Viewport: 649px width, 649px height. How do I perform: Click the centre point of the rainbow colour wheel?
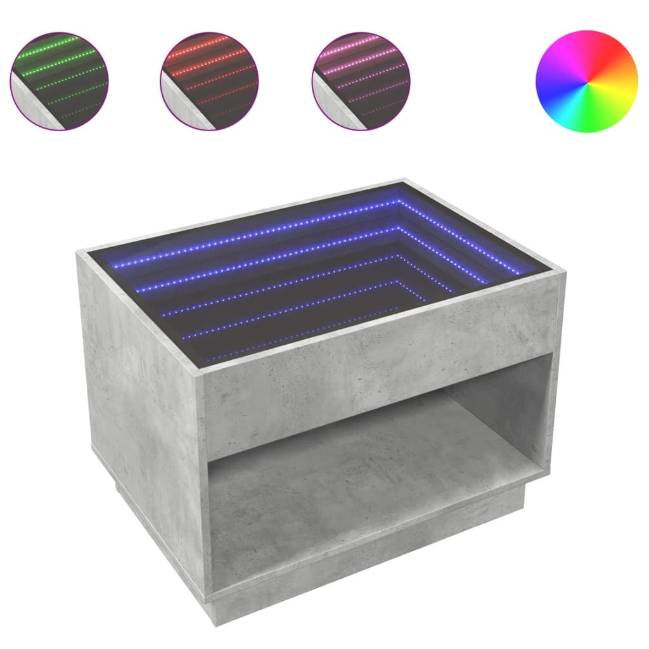pyautogui.click(x=586, y=82)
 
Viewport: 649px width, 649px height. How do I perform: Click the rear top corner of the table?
pyautogui.click(x=404, y=180)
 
